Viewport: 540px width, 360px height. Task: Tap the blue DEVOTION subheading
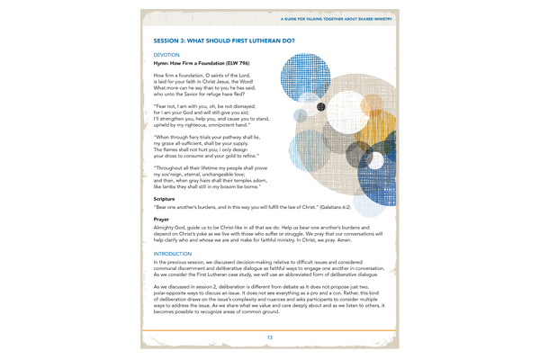click(166, 55)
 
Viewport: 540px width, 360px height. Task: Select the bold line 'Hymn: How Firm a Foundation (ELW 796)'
click(202, 63)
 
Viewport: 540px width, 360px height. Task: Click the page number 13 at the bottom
click(269, 337)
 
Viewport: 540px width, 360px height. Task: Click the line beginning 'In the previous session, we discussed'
click(269, 264)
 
